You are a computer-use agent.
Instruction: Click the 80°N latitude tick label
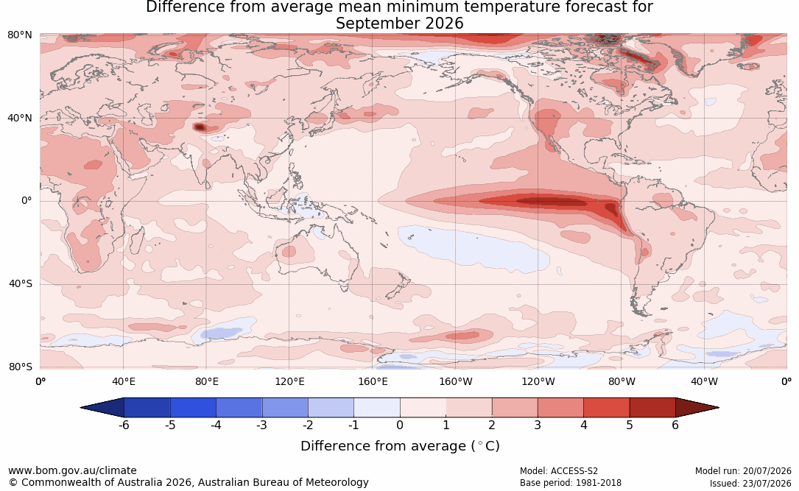click(19, 35)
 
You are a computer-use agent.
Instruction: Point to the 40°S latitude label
click(21, 283)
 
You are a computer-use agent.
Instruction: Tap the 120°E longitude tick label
click(289, 381)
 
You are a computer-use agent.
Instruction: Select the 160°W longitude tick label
click(456, 381)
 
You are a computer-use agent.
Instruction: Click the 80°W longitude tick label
click(622, 381)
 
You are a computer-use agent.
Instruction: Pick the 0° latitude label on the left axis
click(27, 201)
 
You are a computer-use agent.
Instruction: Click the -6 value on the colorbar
click(124, 425)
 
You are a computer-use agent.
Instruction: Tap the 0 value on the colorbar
click(400, 425)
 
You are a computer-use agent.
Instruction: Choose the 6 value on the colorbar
click(675, 425)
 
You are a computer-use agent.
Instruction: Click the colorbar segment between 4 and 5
click(606, 408)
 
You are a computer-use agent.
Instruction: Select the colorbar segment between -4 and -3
click(239, 408)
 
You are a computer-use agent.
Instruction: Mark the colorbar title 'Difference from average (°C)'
click(400, 446)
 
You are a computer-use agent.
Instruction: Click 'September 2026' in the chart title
click(399, 24)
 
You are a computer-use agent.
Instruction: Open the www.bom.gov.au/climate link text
click(72, 470)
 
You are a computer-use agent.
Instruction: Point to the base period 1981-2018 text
click(597, 483)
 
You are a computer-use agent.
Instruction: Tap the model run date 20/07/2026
click(767, 471)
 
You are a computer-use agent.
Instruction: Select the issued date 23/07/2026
click(767, 483)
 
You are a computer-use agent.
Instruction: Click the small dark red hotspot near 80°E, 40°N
click(200, 127)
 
